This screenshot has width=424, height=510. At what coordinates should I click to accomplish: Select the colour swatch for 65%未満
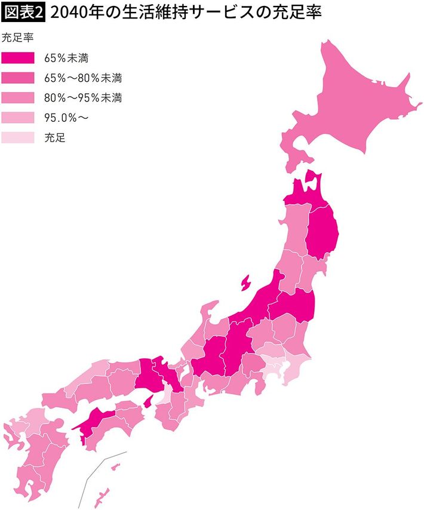[19, 58]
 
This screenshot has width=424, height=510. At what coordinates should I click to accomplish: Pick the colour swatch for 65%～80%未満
[19, 78]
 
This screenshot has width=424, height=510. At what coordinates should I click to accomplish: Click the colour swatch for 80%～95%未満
[19, 97]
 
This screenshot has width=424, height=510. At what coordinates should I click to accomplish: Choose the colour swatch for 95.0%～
[19, 118]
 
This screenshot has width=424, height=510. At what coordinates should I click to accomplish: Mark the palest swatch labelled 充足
[19, 137]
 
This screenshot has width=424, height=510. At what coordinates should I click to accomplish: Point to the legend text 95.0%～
[66, 118]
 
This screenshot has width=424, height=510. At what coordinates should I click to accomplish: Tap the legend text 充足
[54, 137]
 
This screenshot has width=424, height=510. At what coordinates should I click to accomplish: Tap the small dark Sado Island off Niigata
[245, 282]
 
